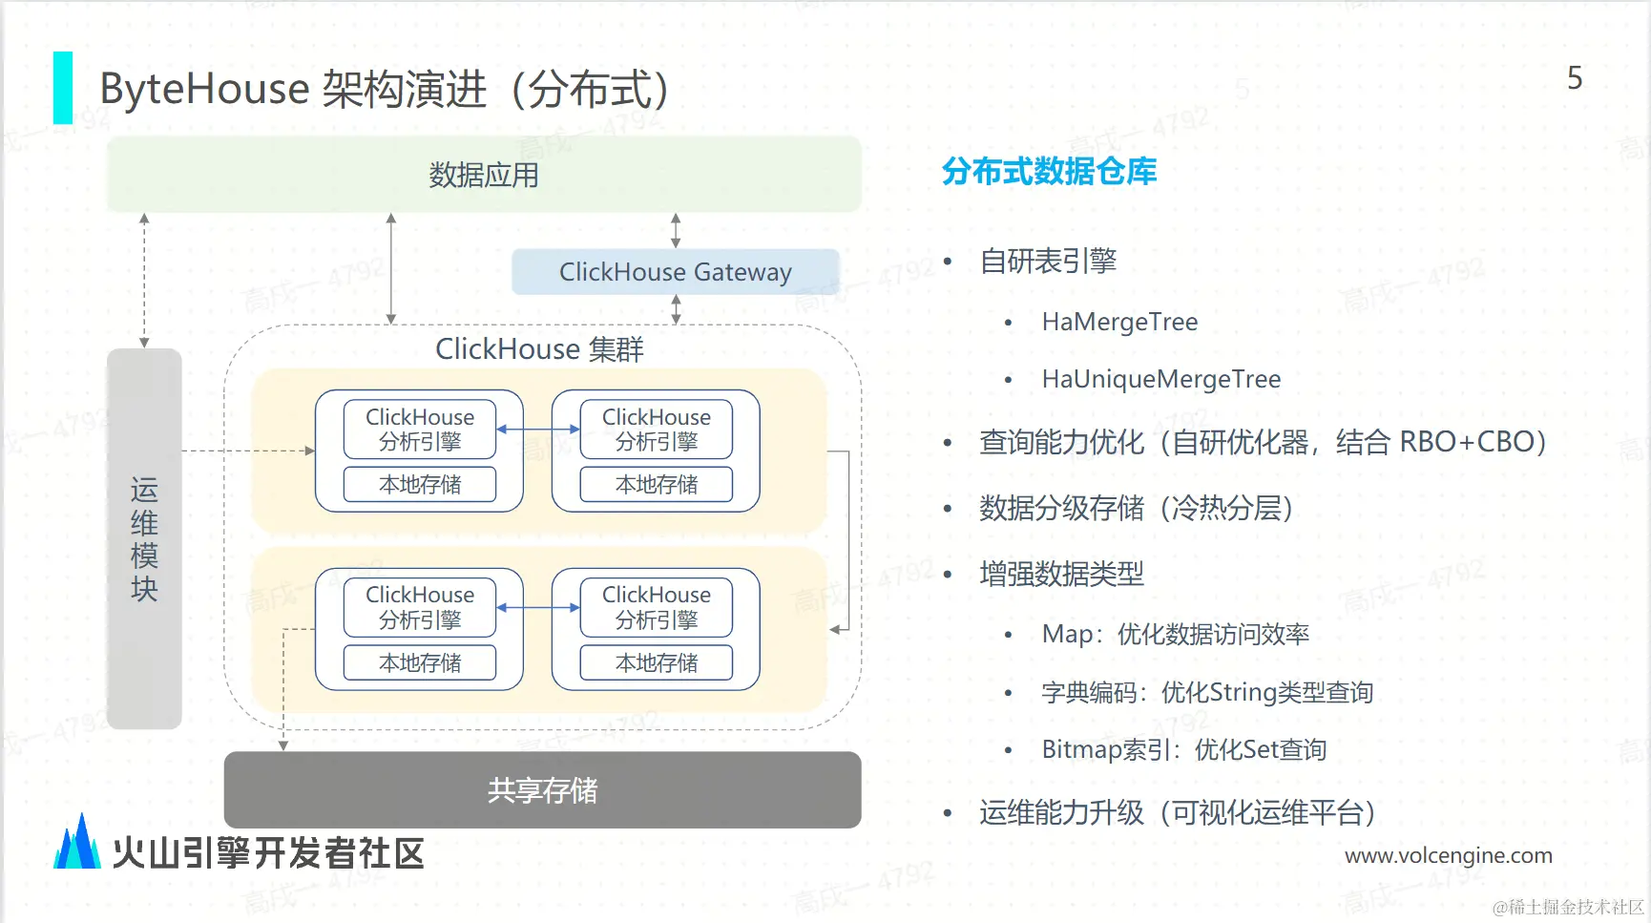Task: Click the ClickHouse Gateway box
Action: coord(675,272)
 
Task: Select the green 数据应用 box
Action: coord(484,175)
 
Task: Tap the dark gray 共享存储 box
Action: coord(542,789)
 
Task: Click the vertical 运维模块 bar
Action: coord(144,538)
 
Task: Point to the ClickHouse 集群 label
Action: coord(539,349)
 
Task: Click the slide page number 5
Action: coord(1575,78)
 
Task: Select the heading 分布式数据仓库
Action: coord(1049,172)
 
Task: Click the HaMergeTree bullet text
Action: coord(1119,323)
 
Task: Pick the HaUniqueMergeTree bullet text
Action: coord(1160,380)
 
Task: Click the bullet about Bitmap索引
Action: coord(1183,750)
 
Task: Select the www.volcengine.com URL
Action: coord(1448,856)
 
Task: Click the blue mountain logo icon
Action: coord(77,843)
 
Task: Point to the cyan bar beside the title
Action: coord(63,88)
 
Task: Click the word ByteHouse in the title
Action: coord(204,90)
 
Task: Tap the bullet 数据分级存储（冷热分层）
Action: coord(1136,509)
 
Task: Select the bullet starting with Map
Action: coord(1175,635)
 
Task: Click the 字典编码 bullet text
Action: coord(1207,693)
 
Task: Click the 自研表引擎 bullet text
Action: coord(1048,261)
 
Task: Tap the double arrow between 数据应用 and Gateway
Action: coord(676,231)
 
